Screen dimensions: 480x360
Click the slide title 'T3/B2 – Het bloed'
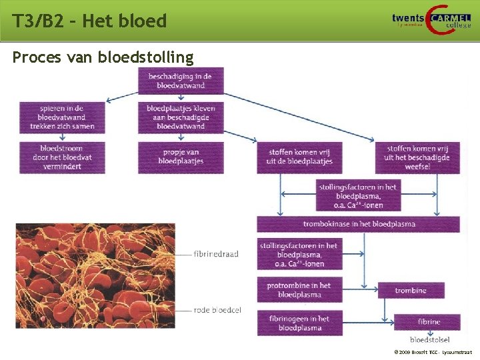[89, 21]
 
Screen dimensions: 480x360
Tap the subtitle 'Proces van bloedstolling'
[103, 58]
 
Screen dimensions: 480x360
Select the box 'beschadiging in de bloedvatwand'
[181, 81]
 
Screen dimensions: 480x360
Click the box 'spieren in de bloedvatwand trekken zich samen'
[62, 117]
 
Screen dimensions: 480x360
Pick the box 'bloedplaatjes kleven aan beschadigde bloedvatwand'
[181, 117]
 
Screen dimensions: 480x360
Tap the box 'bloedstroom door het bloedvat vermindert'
[62, 157]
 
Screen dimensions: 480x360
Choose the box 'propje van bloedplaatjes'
[181, 157]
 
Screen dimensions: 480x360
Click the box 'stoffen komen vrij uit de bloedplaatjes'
[299, 157]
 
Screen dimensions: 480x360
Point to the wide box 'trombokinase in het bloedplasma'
[358, 224]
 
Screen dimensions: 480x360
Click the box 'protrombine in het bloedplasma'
[299, 290]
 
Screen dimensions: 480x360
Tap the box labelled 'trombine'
[411, 291]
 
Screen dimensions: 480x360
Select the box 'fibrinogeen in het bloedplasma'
[299, 323]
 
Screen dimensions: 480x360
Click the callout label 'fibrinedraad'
[216, 254]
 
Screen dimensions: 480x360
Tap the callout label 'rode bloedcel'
[217, 310]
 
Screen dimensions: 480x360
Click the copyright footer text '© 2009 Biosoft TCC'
[433, 352]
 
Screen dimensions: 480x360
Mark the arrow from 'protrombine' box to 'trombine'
[360, 291]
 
